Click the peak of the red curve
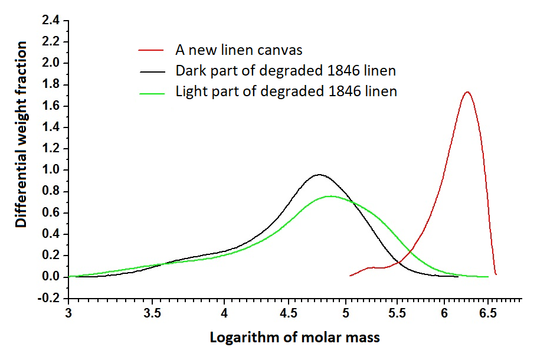pos(467,92)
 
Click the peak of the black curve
pos(319,175)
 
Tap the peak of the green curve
pos(330,196)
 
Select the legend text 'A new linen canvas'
pos(239,50)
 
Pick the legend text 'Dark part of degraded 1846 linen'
pos(286,71)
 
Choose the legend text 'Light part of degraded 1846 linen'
pos(286,91)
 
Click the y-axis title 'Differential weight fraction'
pos(21,135)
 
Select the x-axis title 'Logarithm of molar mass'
pos(295,338)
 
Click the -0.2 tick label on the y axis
pos(49,298)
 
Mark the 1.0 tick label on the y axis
pos(51,170)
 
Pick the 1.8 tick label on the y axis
pos(51,84)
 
